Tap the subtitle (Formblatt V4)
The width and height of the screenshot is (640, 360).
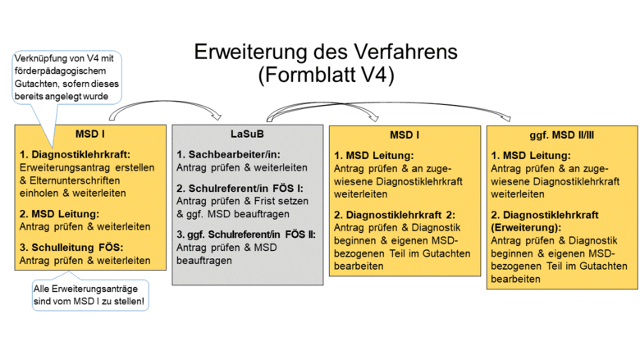point(326,76)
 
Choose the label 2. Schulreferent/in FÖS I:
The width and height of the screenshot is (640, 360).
point(240,188)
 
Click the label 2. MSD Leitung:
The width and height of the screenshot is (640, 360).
point(60,213)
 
